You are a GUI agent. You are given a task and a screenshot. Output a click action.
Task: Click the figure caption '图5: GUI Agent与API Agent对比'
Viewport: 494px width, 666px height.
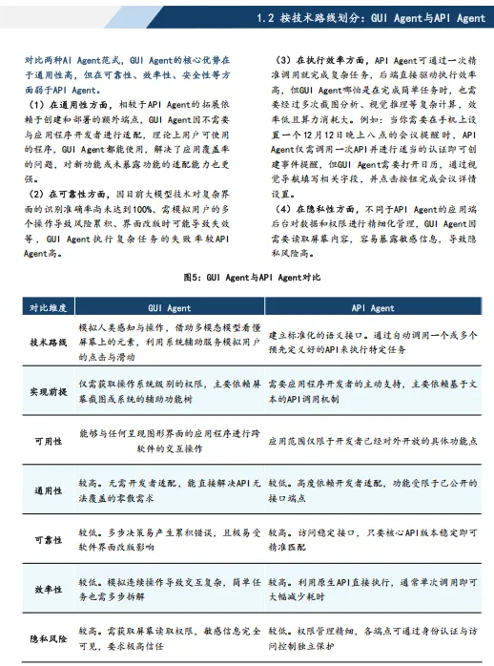(x=247, y=276)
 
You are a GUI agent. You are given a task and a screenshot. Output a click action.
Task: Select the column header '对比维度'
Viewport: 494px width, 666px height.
(x=46, y=308)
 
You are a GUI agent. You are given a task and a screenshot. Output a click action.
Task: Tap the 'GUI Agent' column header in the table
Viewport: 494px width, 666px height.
(x=169, y=308)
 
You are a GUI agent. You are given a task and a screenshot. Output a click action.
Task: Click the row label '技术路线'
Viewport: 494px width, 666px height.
(x=46, y=341)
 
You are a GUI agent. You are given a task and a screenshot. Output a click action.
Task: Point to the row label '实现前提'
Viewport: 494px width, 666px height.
(x=46, y=391)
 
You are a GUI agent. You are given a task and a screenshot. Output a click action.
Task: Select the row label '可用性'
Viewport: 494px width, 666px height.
(x=46, y=442)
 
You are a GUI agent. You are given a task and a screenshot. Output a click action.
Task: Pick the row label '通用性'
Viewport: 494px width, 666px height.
(x=46, y=491)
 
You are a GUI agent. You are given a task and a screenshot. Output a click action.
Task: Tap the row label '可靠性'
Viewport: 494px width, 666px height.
(x=46, y=540)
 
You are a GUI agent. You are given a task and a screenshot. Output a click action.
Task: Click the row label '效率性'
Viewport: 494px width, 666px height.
(x=46, y=589)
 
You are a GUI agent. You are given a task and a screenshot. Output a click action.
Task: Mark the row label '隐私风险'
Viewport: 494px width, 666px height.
(x=46, y=637)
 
